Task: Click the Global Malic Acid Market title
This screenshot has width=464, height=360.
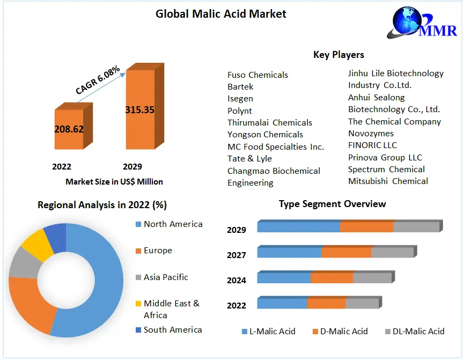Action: click(x=221, y=14)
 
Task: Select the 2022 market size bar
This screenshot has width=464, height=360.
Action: click(x=69, y=129)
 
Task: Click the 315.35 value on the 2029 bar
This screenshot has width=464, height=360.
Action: click(x=139, y=110)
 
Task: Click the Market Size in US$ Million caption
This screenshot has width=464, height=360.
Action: click(x=114, y=182)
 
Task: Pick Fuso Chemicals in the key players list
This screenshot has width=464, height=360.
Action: click(x=257, y=75)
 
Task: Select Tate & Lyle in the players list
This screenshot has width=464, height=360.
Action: click(x=249, y=159)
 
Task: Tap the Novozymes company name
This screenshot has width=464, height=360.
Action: click(x=371, y=134)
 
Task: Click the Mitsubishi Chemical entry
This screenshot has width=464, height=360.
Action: click(x=388, y=181)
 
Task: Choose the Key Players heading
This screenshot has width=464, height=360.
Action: click(x=338, y=55)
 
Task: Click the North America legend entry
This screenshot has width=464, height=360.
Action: click(x=173, y=224)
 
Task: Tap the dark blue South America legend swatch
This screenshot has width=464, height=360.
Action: click(x=138, y=330)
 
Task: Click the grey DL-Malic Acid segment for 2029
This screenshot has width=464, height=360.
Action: click(x=416, y=227)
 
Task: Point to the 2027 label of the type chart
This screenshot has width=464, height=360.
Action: click(x=237, y=255)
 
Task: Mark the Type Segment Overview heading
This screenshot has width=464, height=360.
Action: click(x=332, y=204)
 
